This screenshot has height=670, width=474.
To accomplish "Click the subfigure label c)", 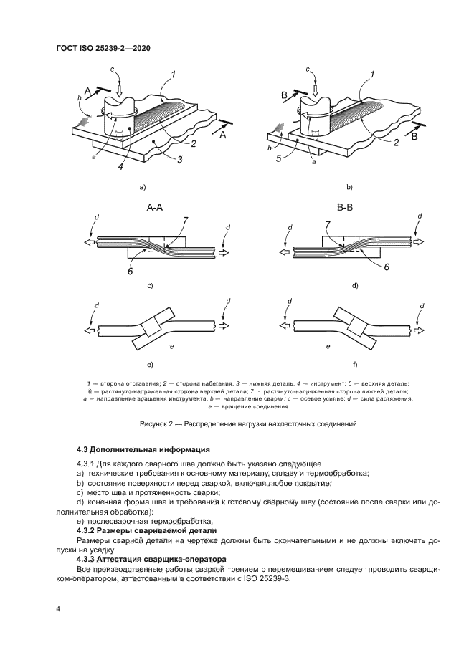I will click(151, 285).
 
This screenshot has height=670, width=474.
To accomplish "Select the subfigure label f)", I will click(350, 365).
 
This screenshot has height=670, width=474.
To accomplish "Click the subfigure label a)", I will click(143, 188).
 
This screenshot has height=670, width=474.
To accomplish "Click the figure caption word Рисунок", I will click(154, 424).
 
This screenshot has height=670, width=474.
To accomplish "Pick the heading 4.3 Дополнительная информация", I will click(143, 449).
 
